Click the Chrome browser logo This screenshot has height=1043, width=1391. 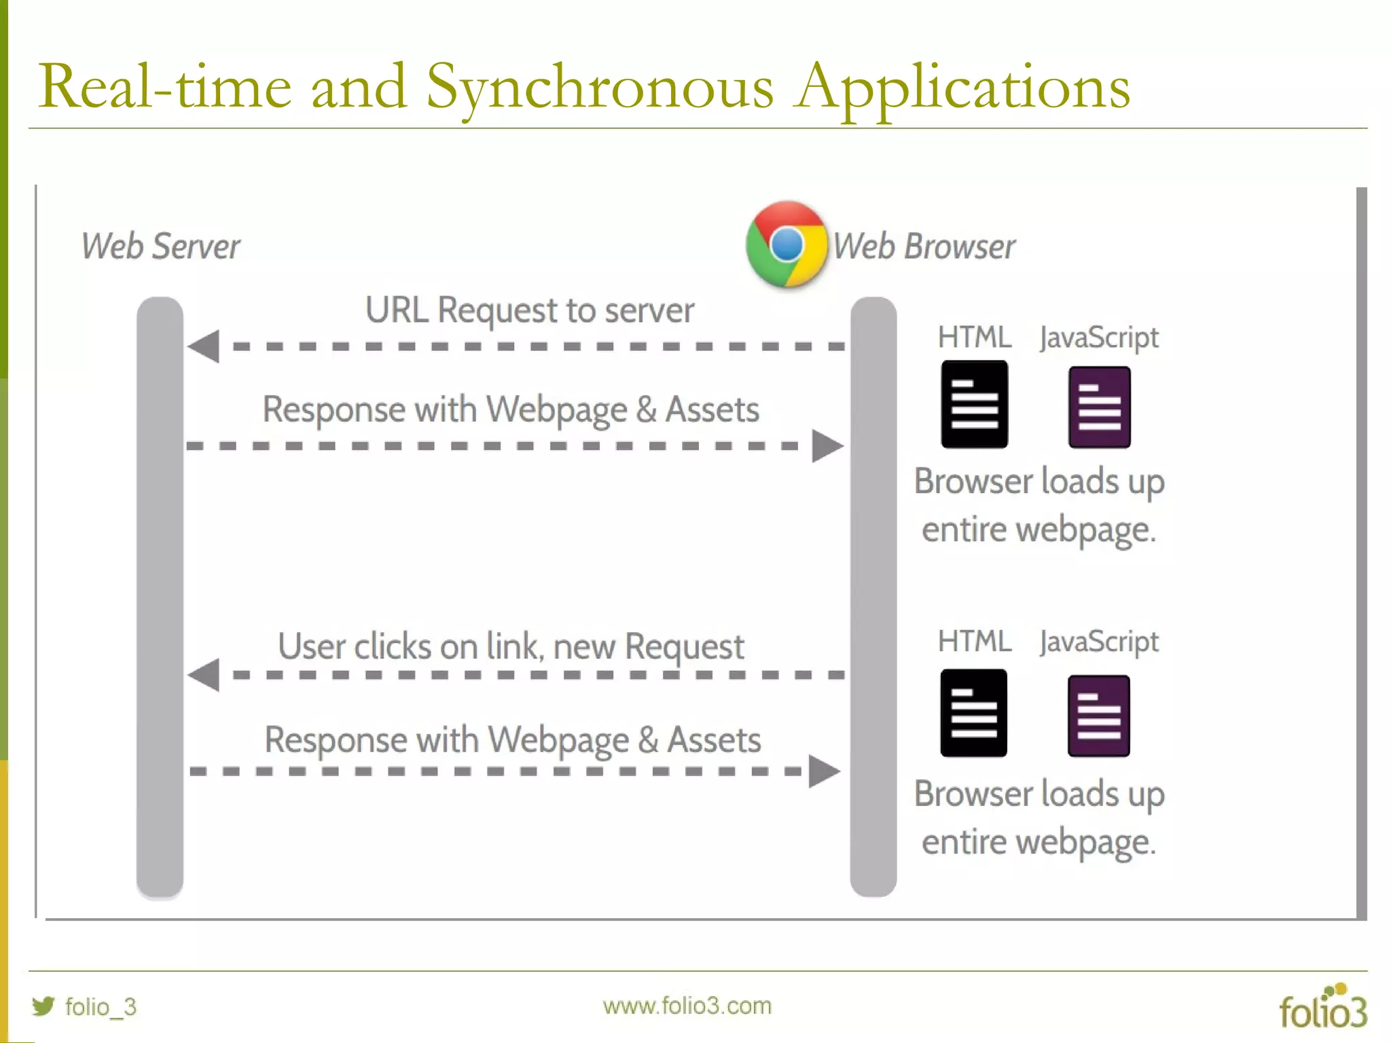coord(787,244)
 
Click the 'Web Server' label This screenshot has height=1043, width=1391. coord(160,246)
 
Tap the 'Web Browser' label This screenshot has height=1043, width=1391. coord(924,246)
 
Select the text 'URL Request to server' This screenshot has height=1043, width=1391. coord(530,310)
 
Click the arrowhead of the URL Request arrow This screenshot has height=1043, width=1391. coord(204,346)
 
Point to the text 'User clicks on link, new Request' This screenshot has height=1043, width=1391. coord(511,646)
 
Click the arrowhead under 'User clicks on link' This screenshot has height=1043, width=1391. coord(204,675)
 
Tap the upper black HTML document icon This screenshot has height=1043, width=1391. coord(974,405)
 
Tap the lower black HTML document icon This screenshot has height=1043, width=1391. coord(973,713)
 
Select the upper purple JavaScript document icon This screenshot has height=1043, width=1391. coord(1099,407)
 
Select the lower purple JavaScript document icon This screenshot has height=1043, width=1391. coord(1098,716)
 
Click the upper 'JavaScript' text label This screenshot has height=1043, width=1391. coord(1098,337)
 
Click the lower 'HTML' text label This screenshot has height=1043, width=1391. coord(974,641)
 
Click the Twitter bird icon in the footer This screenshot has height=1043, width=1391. coord(43,1006)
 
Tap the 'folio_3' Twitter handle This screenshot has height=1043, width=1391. coord(101,1006)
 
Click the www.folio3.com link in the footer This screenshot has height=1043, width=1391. coord(687,1006)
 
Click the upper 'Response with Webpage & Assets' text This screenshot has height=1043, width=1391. coord(511,409)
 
